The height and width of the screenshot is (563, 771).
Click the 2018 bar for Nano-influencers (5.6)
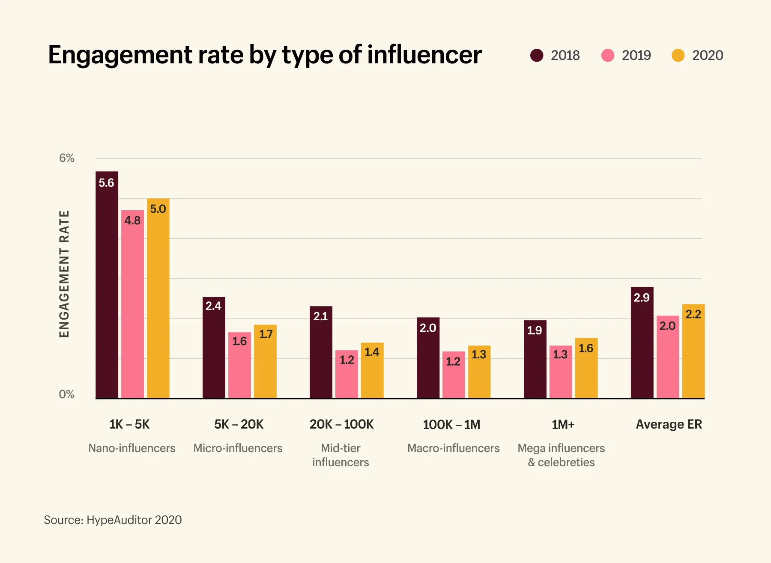(107, 285)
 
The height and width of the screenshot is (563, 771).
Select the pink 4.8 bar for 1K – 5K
(132, 304)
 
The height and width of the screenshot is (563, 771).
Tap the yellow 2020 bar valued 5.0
(158, 298)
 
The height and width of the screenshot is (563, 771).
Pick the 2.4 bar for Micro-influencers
(214, 348)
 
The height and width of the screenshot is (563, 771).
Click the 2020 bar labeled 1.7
(265, 361)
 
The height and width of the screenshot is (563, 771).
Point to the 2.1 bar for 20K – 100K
(321, 352)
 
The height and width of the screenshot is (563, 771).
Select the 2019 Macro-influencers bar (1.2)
(453, 375)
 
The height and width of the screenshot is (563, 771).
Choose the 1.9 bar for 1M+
(535, 359)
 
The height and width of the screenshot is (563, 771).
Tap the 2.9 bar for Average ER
(642, 343)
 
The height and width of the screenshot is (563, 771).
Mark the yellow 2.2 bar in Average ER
(693, 351)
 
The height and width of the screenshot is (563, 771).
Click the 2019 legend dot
(608, 55)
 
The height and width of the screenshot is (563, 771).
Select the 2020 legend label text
(707, 55)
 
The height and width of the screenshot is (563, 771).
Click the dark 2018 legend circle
(537, 55)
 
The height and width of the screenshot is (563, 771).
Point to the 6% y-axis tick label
(67, 158)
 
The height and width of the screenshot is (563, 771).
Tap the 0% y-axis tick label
(67, 394)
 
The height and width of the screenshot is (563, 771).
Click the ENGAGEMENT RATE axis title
(64, 274)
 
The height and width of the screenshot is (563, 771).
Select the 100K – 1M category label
(451, 424)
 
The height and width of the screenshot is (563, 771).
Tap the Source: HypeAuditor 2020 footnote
(113, 520)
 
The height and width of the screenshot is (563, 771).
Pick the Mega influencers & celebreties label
(561, 455)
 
